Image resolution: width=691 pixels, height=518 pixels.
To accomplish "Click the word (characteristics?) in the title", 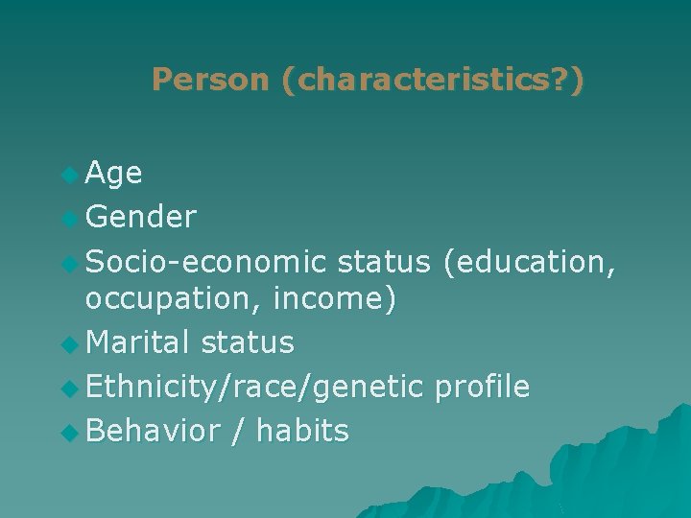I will coord(432,80).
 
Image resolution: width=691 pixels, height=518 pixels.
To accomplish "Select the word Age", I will coord(114,174).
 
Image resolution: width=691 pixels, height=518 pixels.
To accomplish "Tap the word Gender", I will coord(141,218).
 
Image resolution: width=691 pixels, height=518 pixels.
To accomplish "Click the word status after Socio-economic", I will coord(385,262).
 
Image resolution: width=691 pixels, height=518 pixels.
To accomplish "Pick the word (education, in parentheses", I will coord(529,262).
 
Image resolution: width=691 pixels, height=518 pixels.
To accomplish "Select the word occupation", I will coord(175,300).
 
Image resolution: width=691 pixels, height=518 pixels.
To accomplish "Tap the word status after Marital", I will coord(248,342).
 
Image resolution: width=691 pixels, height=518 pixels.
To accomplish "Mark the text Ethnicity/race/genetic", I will coord(254,387).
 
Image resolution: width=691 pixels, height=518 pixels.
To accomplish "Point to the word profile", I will coord(482,387).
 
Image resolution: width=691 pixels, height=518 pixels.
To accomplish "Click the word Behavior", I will coord(153,431).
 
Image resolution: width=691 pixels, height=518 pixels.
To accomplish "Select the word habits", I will coord(302,431).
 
